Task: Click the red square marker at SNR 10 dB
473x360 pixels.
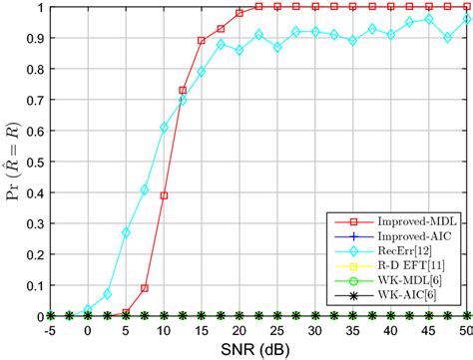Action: click(164, 195)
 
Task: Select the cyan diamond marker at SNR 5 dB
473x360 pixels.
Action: click(126, 232)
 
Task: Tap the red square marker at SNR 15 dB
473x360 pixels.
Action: click(202, 41)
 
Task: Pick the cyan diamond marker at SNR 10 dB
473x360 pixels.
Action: click(164, 128)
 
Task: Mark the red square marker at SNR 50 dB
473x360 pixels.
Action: click(466, 7)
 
